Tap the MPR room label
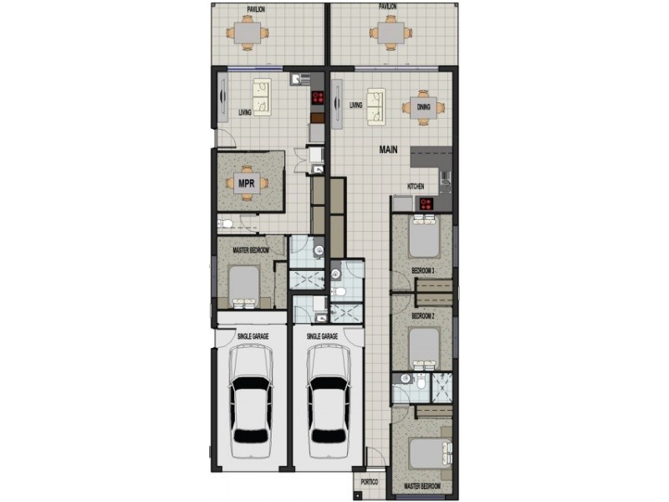click(x=246, y=182)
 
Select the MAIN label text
click(x=388, y=151)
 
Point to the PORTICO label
click(x=370, y=483)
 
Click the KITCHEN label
click(x=416, y=186)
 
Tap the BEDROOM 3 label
click(x=423, y=270)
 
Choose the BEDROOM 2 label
click(x=423, y=317)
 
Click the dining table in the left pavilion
click(x=248, y=33)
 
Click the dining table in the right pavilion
click(x=391, y=33)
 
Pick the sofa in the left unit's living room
click(x=263, y=97)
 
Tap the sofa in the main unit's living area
click(x=375, y=104)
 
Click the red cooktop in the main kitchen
click(x=426, y=203)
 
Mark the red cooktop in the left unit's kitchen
click(x=318, y=98)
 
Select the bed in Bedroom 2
click(x=425, y=347)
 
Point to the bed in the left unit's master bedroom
click(x=243, y=286)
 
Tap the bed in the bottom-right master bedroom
click(x=426, y=454)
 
